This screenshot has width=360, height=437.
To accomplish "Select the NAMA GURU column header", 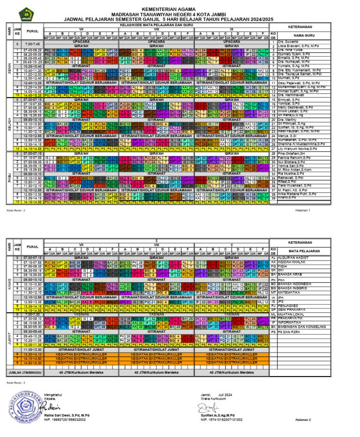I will [313, 35].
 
